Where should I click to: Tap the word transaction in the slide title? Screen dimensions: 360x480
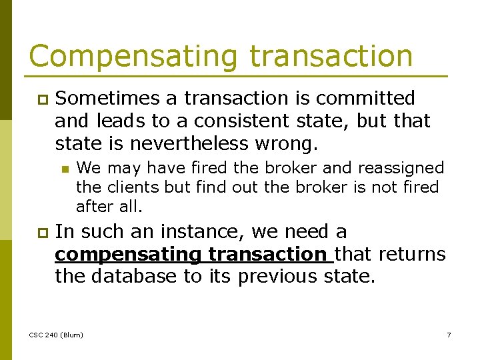[331, 57]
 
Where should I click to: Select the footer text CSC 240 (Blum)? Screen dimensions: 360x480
[57, 335]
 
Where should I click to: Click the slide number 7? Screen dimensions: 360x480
[449, 335]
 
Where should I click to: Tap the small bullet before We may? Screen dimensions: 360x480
[64, 169]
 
